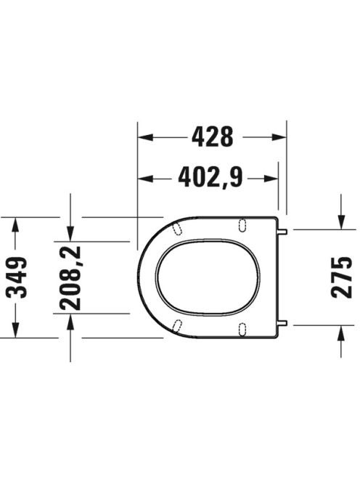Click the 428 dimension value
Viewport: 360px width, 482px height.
213,136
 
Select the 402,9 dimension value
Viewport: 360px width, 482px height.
210,177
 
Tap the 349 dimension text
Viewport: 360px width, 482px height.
17,277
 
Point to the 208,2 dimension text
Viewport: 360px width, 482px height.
70,277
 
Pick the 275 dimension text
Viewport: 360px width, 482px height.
342,277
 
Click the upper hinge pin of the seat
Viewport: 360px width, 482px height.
282,231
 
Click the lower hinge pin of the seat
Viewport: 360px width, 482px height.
282,322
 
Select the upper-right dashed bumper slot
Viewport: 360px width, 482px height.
242,224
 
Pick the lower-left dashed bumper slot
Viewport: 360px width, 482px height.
177,326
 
